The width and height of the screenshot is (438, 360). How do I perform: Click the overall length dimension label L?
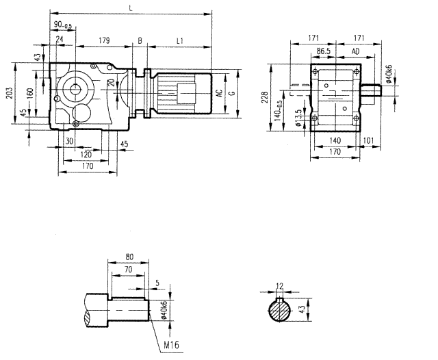click(130, 8)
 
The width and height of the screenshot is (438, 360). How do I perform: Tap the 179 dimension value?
click(104, 41)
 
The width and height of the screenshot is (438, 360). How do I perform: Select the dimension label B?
click(140, 41)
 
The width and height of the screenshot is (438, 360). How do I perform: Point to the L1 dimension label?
click(179, 41)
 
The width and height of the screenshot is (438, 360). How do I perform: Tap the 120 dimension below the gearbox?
click(86, 155)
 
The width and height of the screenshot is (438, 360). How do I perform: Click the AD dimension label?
click(356, 51)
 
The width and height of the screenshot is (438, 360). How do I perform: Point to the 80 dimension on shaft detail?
click(130, 258)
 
